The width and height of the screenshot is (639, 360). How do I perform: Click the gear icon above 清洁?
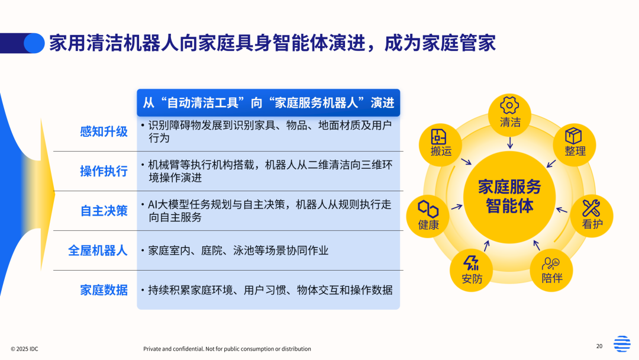[509, 105]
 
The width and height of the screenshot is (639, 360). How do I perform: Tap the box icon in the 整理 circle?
[573, 136]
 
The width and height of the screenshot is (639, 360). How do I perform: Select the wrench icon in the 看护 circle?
[591, 208]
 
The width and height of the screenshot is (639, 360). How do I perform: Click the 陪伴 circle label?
[552, 278]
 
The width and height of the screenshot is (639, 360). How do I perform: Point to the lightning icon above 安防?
[472, 263]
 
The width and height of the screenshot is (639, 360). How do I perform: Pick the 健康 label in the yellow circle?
[428, 224]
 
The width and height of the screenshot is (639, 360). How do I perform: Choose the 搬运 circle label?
[441, 151]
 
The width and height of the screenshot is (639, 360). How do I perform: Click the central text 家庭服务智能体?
[509, 196]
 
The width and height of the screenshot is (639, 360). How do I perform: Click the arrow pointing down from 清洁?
[510, 143]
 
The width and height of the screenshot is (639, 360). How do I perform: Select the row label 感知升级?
[104, 131]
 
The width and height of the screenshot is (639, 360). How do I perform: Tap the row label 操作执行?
[104, 171]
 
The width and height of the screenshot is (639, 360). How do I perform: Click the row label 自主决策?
[104, 211]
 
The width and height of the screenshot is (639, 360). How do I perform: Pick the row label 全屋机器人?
[98, 250]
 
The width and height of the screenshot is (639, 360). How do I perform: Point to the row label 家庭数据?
[104, 290]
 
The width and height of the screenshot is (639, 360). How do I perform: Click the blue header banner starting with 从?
[269, 103]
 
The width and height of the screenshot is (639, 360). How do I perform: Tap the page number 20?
[599, 346]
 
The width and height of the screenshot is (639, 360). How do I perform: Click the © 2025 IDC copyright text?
[24, 349]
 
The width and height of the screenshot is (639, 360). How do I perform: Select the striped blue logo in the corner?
[622, 343]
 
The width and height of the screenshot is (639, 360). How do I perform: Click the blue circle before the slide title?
[34, 43]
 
